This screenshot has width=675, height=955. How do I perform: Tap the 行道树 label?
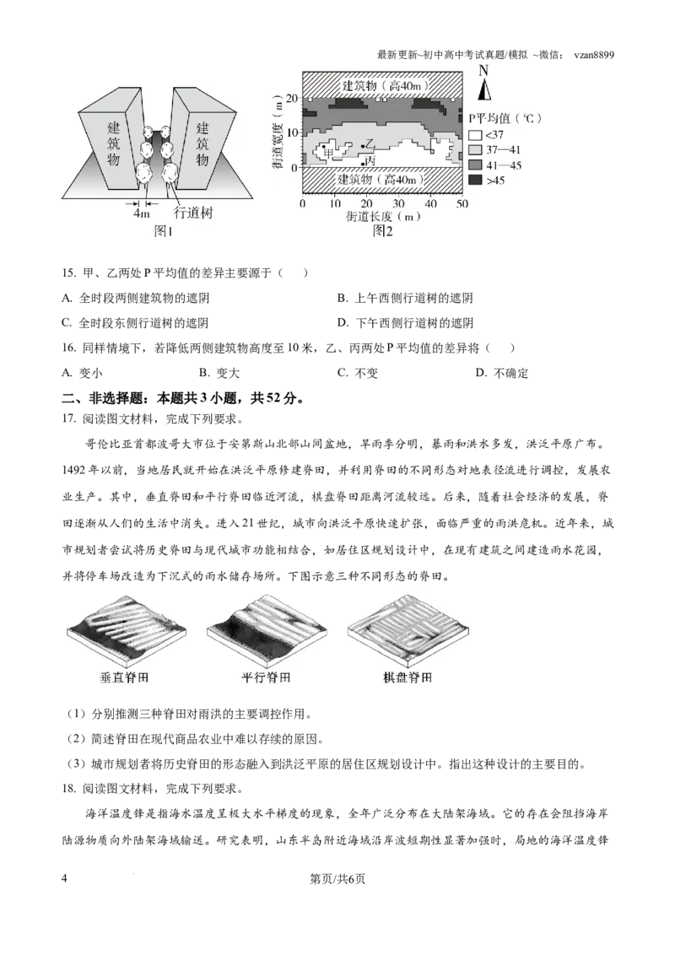193,214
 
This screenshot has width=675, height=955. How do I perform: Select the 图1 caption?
163,231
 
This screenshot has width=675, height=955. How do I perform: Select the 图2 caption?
384,231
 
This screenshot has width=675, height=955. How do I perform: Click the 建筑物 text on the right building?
202,143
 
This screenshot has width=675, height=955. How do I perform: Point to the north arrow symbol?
483,91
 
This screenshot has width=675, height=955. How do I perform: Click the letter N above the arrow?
483,73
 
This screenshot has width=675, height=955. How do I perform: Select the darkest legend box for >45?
475,180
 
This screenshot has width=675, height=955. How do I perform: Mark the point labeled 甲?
323,148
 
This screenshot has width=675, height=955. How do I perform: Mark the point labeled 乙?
363,147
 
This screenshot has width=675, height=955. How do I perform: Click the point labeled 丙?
364,163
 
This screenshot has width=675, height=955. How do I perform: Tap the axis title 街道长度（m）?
381,217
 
